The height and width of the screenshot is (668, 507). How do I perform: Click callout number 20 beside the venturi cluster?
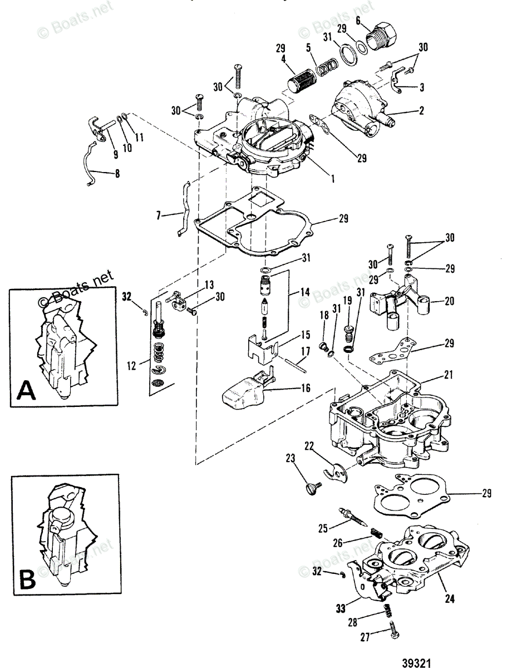pos(449,301)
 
